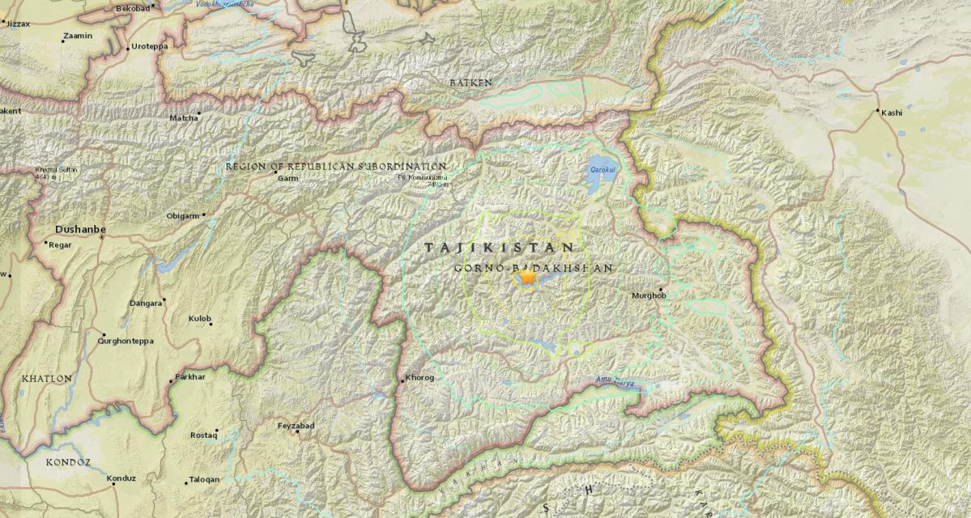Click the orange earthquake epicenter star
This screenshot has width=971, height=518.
tap(527, 278)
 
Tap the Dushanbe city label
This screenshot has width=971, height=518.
tap(80, 229)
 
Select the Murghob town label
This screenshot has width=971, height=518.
tap(649, 296)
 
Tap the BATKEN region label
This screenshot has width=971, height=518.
tap(471, 83)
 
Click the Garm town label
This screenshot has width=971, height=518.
tap(287, 177)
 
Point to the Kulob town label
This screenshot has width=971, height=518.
tap(199, 319)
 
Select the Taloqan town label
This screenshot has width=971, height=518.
tap(203, 479)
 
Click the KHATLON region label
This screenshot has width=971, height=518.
tap(46, 378)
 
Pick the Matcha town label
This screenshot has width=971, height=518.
tap(183, 118)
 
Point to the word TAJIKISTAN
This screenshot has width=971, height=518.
tap(500, 248)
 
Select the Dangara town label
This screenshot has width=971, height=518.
tap(146, 304)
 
